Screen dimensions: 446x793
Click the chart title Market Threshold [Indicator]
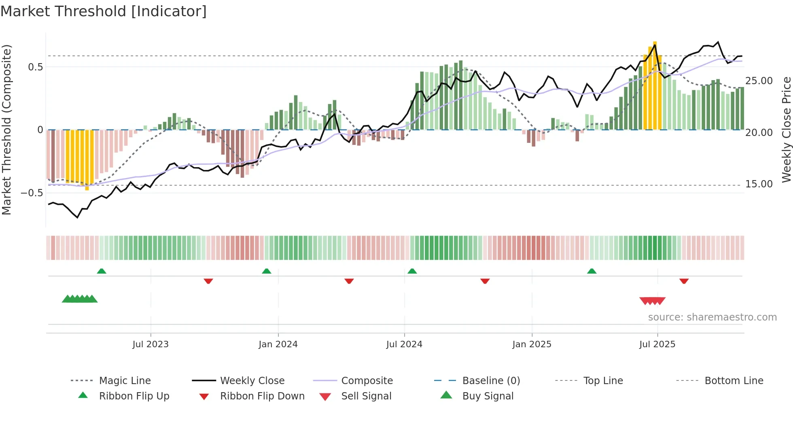click(104, 11)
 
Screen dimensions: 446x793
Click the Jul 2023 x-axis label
click(150, 344)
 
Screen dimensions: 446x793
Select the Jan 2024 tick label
click(278, 344)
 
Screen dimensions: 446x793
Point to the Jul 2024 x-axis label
click(404, 344)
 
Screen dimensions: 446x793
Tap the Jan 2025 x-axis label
click(532, 344)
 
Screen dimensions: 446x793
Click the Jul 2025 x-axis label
click(657, 344)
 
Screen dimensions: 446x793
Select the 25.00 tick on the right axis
click(759, 81)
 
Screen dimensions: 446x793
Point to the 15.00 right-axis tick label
click(759, 184)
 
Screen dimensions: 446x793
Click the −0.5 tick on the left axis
click(32, 193)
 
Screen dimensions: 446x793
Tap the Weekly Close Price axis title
click(786, 130)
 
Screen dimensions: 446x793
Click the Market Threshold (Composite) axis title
click(6, 130)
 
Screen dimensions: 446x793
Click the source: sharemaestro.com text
click(712, 317)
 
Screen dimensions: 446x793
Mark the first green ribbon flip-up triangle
click(102, 271)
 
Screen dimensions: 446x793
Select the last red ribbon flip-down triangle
click(684, 281)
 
